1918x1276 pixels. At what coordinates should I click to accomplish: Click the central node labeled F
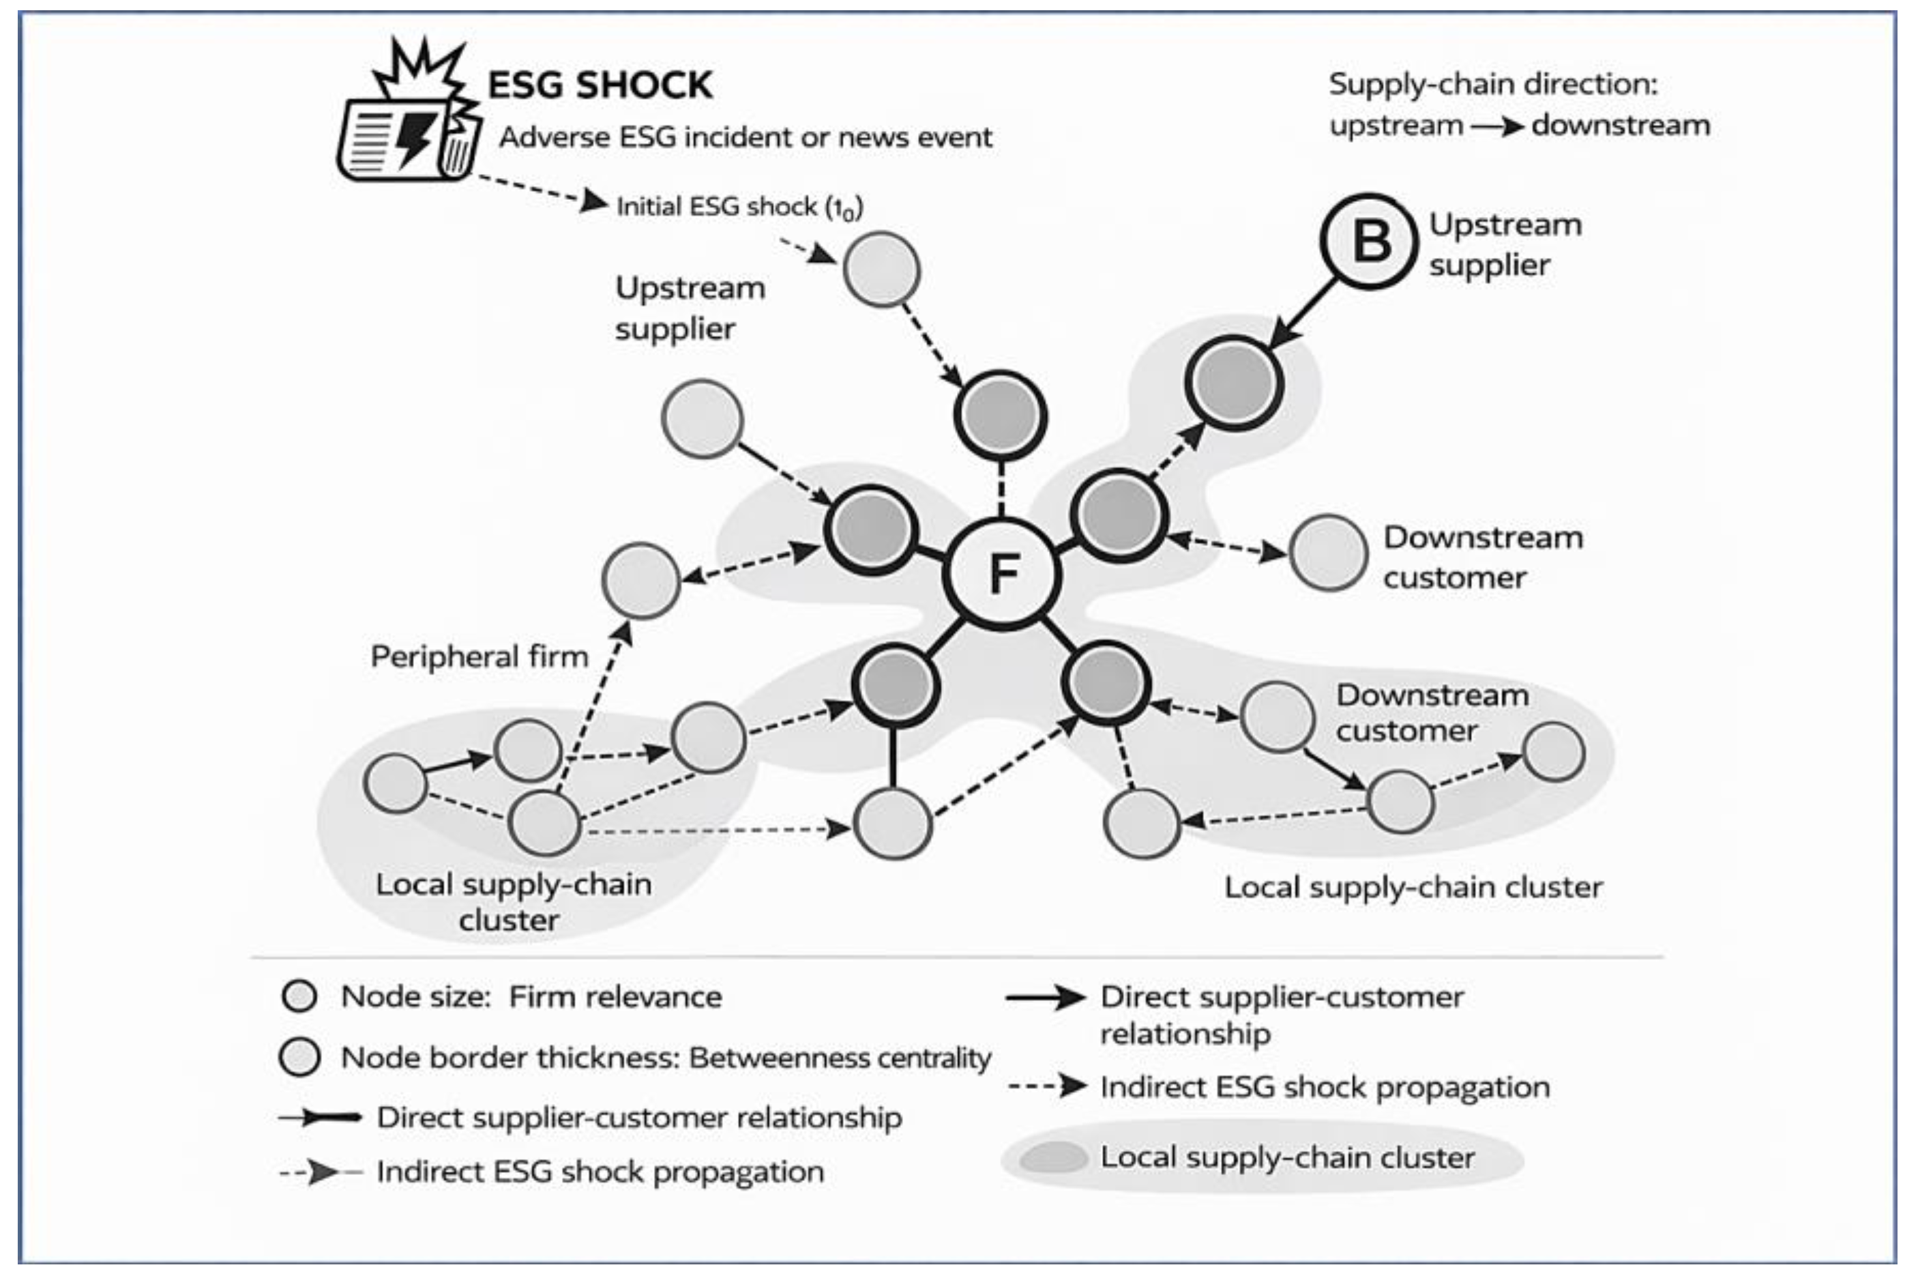pos(1002,574)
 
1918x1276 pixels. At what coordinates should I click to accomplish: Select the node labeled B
pos(1369,241)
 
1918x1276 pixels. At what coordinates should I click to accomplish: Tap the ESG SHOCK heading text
pos(600,85)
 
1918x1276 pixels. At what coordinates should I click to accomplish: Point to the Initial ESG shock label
pos(739,207)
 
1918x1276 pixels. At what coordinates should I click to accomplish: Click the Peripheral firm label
pos(479,656)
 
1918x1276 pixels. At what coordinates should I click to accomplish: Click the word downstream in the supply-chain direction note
pos(1621,126)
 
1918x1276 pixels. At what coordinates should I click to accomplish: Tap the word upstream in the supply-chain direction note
pos(1396,126)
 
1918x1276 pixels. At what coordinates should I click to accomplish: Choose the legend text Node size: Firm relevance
pos(531,996)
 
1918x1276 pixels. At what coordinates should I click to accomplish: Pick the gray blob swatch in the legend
pos(1053,1157)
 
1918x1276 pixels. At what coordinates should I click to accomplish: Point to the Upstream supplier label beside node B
pos(1505,244)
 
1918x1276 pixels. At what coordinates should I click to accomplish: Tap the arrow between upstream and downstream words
pos(1496,126)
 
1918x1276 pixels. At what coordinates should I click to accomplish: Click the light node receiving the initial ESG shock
pos(882,270)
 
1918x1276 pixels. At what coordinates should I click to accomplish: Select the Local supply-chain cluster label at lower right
pos(1414,887)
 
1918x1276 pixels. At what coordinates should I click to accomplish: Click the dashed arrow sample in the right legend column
pos(1047,1086)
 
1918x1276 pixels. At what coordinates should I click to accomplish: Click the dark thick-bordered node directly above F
pos(1001,416)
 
